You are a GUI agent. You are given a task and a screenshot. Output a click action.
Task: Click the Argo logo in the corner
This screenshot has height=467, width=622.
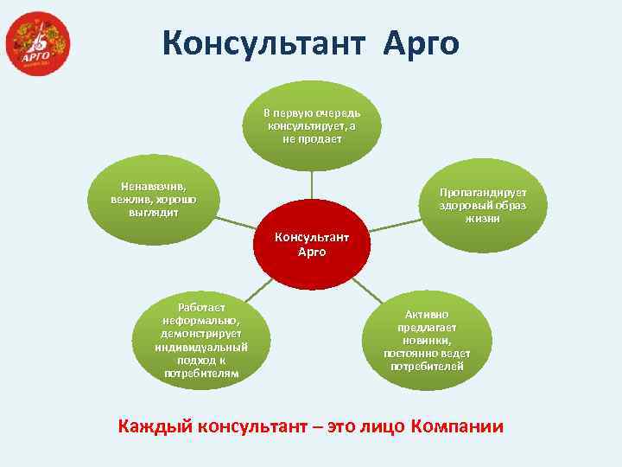(x=37, y=43)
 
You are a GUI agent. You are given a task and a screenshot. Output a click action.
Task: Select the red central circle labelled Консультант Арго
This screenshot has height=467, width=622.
(x=311, y=245)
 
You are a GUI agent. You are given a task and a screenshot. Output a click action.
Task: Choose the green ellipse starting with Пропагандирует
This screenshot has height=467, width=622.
(x=481, y=205)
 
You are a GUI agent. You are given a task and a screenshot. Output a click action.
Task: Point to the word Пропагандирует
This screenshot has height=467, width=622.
(x=481, y=192)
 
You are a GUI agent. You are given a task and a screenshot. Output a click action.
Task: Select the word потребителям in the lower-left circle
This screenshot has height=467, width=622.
(x=201, y=374)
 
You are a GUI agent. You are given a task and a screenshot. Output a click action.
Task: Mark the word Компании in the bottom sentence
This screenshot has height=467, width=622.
(x=458, y=426)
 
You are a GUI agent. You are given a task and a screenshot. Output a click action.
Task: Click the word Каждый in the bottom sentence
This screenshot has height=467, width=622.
(x=155, y=426)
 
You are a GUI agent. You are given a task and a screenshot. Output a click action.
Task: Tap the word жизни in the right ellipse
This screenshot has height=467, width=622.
(x=481, y=219)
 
